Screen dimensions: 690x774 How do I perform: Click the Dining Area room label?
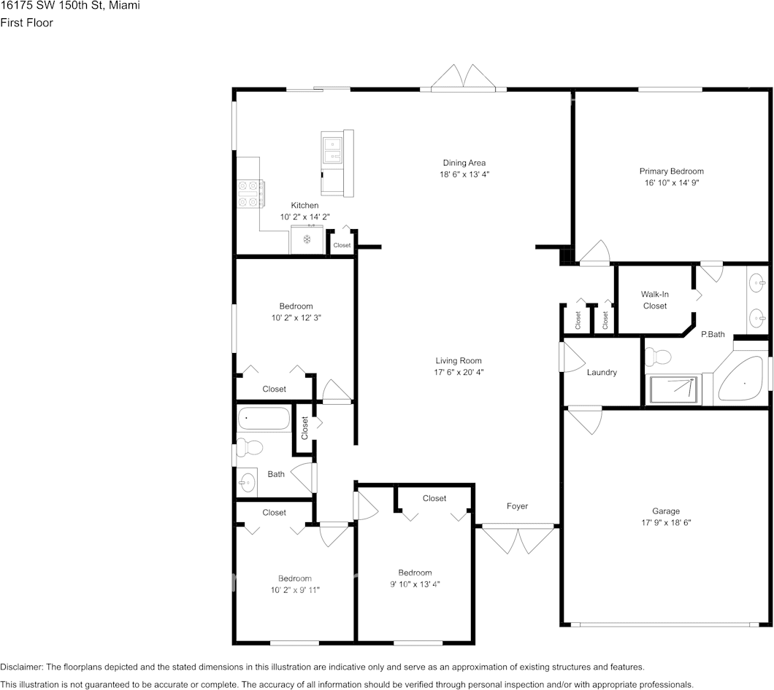click(x=464, y=163)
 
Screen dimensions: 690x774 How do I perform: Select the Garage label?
click(x=665, y=511)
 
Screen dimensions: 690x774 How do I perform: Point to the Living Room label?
click(x=459, y=360)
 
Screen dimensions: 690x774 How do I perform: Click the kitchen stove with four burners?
click(x=250, y=193)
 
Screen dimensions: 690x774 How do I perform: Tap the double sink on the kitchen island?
click(x=332, y=150)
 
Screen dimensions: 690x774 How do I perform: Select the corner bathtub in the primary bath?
click(x=741, y=380)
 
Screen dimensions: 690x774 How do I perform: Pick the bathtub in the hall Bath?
click(x=264, y=419)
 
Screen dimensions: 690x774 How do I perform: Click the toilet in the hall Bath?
click(x=250, y=447)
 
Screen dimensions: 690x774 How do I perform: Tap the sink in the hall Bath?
click(x=248, y=481)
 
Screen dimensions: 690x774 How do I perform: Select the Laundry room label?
click(x=602, y=372)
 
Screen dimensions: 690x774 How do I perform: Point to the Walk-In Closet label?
click(x=655, y=300)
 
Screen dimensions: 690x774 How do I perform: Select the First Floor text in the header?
click(x=26, y=23)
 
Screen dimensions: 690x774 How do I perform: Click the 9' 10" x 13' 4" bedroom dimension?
click(x=414, y=584)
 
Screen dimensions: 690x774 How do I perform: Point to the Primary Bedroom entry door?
click(x=594, y=252)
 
